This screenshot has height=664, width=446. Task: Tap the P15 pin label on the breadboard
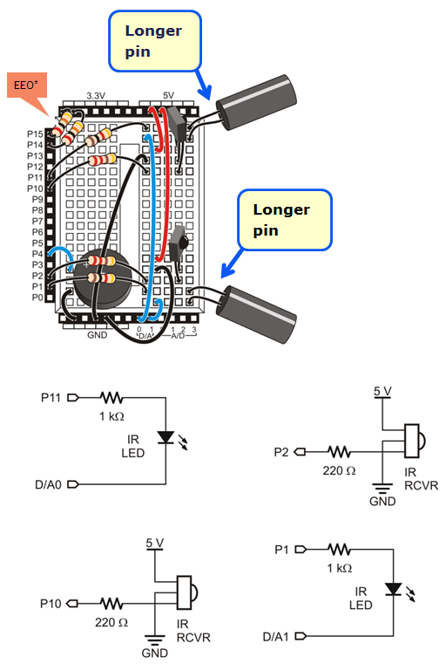pos(35,133)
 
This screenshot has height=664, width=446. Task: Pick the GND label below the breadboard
pos(97,333)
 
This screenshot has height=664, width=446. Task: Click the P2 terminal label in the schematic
pos(280,451)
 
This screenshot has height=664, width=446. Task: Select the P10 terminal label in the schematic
pos(53,602)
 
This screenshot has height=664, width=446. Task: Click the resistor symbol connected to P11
pos(114,397)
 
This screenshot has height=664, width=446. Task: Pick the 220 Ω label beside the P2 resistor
pos(340,471)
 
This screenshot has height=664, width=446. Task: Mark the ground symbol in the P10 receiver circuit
pos(155,640)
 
